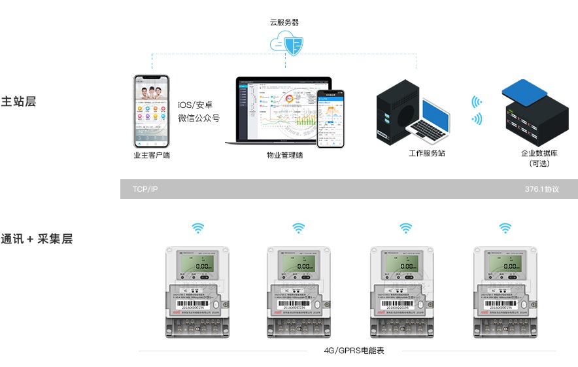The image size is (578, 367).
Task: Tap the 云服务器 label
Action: pos(284,22)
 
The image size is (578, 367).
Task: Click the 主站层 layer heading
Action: pos(18,102)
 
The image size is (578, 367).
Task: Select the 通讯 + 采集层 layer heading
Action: pos(37,239)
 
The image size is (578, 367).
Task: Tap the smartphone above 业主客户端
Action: pos(152,111)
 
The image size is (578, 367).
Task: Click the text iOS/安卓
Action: pos(195,105)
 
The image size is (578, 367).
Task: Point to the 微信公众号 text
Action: pos(199,118)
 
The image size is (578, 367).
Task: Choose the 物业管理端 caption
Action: pos(284,155)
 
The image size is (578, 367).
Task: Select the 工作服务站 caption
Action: pos(427,153)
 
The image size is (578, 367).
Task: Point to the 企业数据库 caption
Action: pos(539,153)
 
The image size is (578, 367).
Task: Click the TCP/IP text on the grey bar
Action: pos(145,189)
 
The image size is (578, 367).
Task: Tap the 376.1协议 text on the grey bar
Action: pos(541,189)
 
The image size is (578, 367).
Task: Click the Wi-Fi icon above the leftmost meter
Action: pos(197,228)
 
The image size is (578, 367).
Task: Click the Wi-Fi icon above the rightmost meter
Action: pos(505,228)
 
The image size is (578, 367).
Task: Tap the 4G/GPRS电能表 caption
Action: pos(354,351)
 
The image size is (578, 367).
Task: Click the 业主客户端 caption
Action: pos(152,155)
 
